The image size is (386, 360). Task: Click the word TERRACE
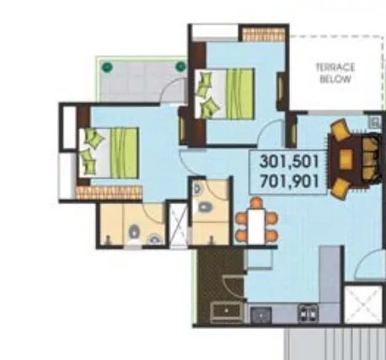click(x=336, y=67)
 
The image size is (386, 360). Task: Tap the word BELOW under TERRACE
click(x=336, y=79)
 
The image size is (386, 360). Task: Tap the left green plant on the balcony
click(x=107, y=67)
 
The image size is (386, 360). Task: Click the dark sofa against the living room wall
click(x=369, y=159)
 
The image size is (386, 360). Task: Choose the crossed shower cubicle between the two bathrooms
click(x=178, y=224)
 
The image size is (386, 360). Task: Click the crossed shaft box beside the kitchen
click(x=365, y=304)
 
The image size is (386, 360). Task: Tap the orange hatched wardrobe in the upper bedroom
click(x=256, y=35)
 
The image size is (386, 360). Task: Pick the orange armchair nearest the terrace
click(x=340, y=132)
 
